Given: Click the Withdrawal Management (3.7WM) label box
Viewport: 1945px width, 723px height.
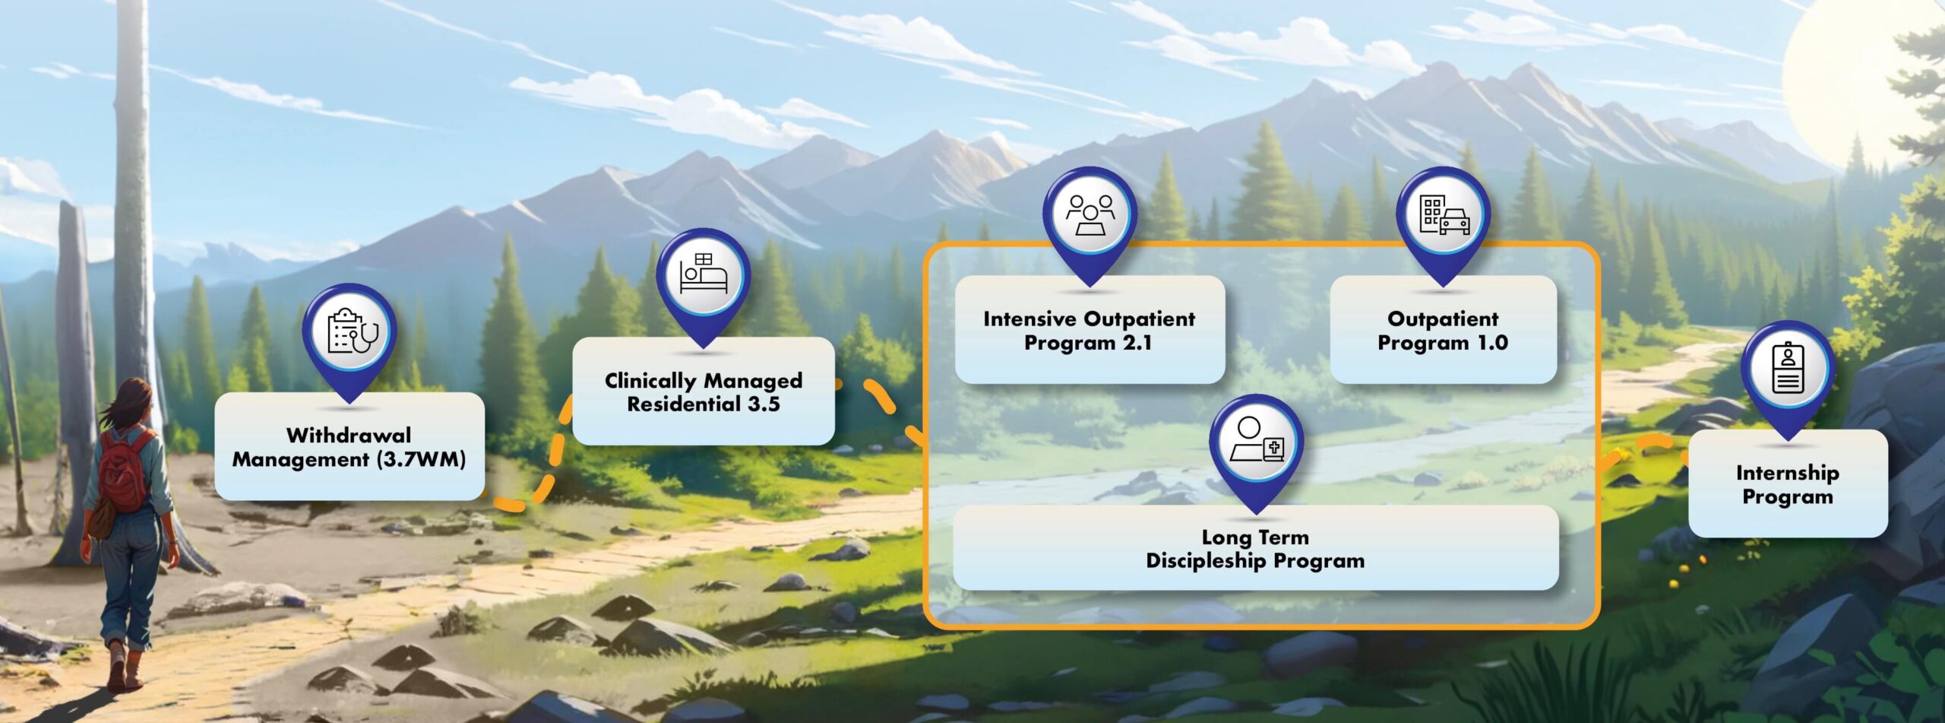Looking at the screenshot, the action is tap(349, 446).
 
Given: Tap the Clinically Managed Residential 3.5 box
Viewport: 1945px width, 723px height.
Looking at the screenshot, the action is tap(704, 392).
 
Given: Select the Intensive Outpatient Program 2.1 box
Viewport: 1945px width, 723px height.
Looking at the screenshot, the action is tap(1090, 330).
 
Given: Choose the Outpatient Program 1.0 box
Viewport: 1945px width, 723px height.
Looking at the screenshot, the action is tap(1443, 330).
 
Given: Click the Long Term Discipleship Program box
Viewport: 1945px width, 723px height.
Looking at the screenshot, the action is tap(1256, 548).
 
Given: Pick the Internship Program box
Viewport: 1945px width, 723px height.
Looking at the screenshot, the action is tap(1788, 484).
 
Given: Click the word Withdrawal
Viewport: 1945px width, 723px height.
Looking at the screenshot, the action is tap(349, 435).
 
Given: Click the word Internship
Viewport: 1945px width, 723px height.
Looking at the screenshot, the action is tap(1788, 473).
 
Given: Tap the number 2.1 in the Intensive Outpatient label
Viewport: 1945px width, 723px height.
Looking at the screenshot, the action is tap(1137, 343).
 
